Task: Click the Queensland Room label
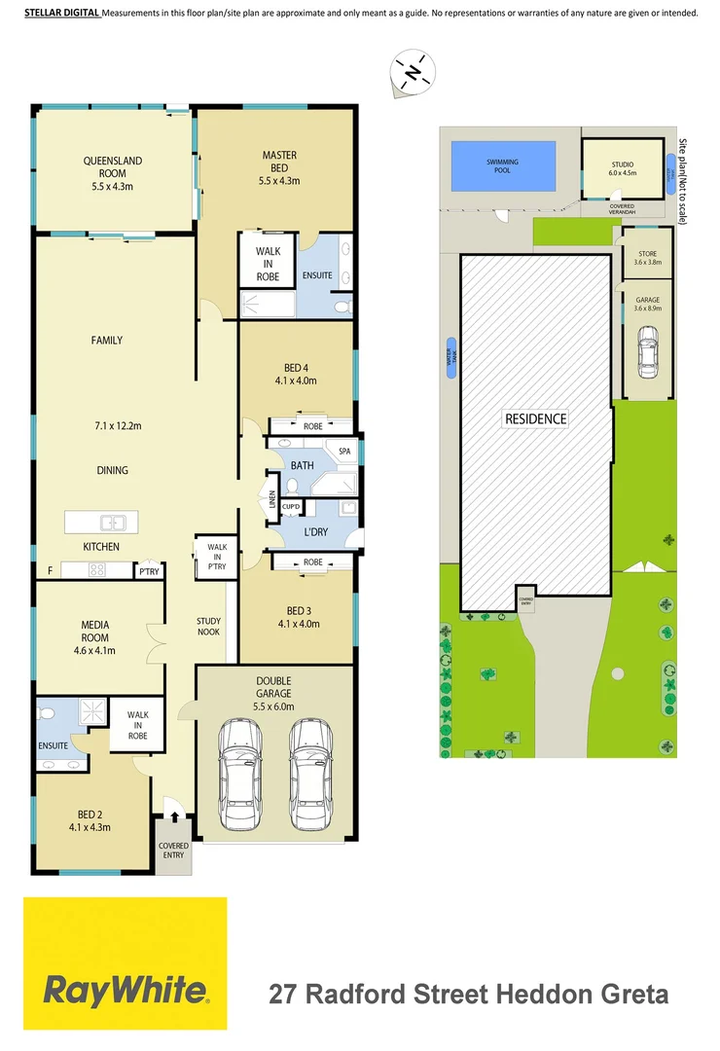coord(113,167)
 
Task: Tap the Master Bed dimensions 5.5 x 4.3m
coord(279,181)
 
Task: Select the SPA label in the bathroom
coord(344,452)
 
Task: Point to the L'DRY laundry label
coord(317,532)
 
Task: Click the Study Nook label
coord(208,627)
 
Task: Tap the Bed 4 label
coord(296,367)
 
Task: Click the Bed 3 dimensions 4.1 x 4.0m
coord(299,624)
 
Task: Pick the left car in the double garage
coord(240,774)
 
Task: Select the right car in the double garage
coord(311,774)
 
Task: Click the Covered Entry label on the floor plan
coord(173,852)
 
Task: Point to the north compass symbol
coord(413,72)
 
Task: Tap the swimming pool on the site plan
coord(503,166)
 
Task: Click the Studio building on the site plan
coord(622,169)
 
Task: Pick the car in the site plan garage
coord(647,350)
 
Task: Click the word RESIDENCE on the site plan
coord(535,419)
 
